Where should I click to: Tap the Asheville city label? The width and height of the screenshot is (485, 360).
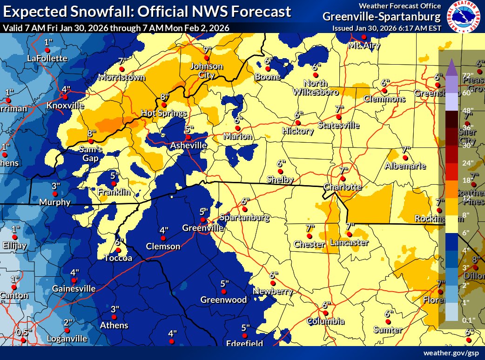pos(188,146)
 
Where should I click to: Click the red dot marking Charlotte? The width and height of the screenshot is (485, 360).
pos(343,179)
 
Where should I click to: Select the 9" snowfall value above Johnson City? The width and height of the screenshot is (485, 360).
pos(207,50)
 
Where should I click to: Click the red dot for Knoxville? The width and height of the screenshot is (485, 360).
pos(65,97)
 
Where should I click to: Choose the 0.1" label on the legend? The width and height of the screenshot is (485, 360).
pos(468,320)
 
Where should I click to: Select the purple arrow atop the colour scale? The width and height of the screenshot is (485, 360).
pos(451,67)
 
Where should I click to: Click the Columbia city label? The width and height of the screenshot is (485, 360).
pos(325,321)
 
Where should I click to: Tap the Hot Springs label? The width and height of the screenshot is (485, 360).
pos(164,113)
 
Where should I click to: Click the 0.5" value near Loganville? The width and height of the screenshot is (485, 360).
pos(22,333)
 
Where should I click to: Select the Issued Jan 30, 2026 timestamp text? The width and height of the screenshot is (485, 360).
pos(386,28)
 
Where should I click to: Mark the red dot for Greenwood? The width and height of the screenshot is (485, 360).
pos(223,292)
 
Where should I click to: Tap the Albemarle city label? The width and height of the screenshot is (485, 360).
pos(405,166)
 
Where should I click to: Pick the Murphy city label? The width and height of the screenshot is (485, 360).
pos(55,202)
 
